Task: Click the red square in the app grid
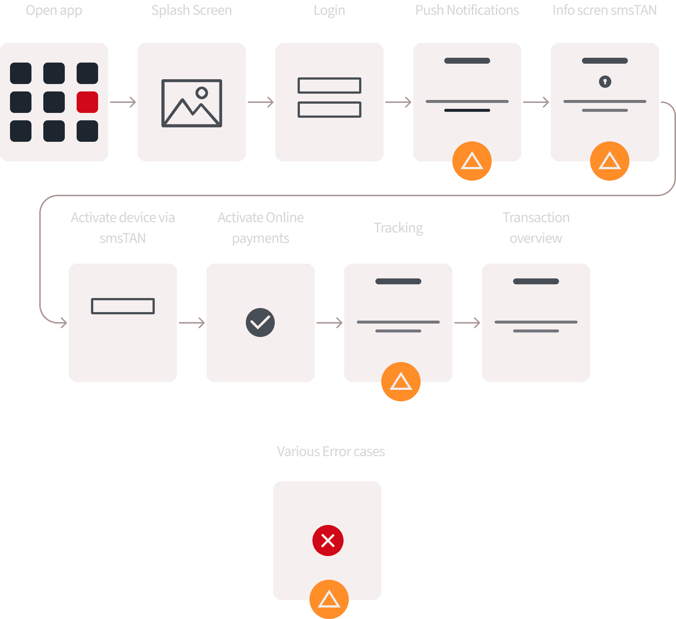point(87,102)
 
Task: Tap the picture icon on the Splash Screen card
point(192,103)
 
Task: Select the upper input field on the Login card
point(329,86)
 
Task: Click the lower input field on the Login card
point(329,110)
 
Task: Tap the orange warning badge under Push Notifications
point(472,161)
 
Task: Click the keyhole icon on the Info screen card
point(605,81)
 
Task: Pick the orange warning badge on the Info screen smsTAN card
point(610,161)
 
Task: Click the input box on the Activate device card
point(123,306)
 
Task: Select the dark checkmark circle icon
point(260,322)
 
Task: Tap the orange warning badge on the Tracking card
point(401,382)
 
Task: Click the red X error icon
point(328,541)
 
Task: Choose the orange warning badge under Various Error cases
point(329,599)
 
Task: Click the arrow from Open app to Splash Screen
point(123,102)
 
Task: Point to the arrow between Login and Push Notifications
point(399,102)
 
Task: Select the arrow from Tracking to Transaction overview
point(468,323)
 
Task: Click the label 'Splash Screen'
point(192,10)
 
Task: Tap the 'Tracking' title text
point(398,228)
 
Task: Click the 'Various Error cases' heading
point(331,452)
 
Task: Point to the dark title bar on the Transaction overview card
point(536,281)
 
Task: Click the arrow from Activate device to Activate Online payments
point(192,323)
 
